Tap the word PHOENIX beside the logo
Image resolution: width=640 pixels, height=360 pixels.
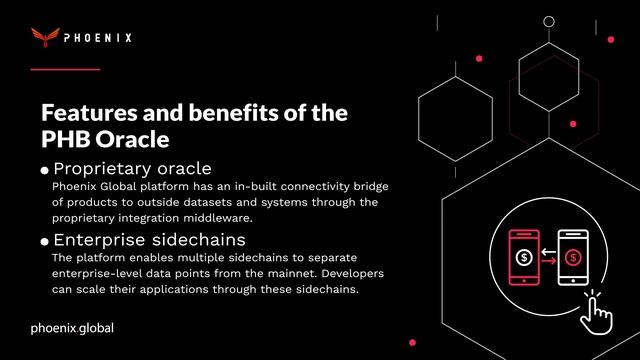98,39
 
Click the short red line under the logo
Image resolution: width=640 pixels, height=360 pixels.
65,69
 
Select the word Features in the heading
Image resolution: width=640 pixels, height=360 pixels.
92,112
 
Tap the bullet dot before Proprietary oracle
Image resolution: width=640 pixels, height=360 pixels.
44,170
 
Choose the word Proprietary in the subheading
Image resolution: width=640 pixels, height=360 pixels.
103,167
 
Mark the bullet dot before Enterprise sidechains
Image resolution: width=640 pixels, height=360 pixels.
44,242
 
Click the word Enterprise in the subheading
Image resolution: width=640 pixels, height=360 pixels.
99,240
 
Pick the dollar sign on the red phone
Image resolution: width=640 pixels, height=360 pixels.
525,256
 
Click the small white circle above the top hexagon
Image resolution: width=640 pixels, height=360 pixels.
548,20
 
